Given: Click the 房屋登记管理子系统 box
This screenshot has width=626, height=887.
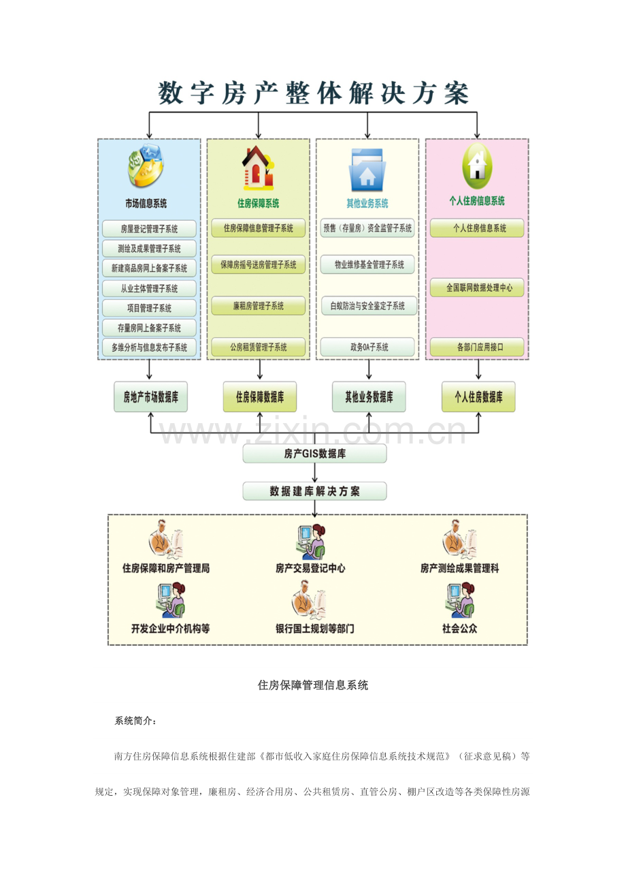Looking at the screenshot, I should click(150, 229).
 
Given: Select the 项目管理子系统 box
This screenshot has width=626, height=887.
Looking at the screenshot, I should click(150, 308).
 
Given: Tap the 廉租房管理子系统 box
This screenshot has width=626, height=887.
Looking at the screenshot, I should click(259, 306).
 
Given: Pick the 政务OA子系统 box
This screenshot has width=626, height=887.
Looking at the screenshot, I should click(368, 347).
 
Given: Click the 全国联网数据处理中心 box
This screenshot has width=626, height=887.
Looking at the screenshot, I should click(477, 287).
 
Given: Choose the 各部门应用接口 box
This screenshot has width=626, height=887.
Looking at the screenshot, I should click(477, 347).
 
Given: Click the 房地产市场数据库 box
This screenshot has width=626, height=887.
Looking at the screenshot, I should click(150, 397).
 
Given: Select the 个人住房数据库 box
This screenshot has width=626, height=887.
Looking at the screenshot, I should click(478, 397).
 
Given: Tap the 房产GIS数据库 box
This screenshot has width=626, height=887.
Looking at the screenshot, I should click(314, 453).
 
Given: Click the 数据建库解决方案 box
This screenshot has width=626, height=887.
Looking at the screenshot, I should click(314, 491).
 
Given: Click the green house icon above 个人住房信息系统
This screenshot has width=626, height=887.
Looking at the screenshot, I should click(477, 166).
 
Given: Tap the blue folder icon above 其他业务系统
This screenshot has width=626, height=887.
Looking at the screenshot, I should click(367, 170).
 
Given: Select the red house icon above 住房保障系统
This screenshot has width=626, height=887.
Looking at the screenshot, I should click(258, 168).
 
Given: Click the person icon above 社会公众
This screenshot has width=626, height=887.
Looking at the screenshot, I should click(459, 600).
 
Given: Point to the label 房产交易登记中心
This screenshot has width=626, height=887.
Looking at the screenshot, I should click(310, 567).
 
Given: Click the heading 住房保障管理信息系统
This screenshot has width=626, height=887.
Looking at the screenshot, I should click(313, 685).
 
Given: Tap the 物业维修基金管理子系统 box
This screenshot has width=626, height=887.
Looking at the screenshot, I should click(368, 264).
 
